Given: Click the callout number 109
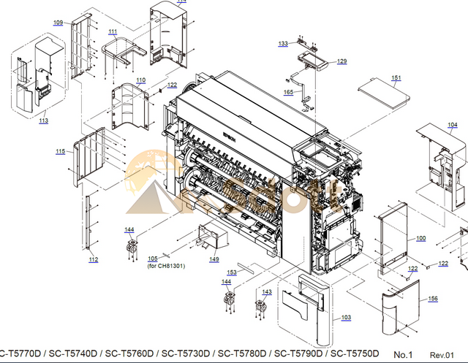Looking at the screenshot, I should [58, 23].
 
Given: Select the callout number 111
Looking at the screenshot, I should [113, 32].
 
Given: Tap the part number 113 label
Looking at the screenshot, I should [43, 121].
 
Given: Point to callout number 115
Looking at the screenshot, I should [60, 151].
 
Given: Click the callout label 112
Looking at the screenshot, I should [93, 260].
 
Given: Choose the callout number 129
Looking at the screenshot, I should [341, 62].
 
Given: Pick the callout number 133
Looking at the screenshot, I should [283, 44].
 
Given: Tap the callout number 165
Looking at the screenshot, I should [288, 92].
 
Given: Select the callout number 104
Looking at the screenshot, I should [452, 125].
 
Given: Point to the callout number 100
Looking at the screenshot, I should [420, 239].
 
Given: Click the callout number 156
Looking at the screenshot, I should [433, 299].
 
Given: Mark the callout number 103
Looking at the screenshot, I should [346, 318].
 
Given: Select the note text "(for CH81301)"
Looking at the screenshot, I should [166, 266].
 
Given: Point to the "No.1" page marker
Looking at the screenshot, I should [403, 354].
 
